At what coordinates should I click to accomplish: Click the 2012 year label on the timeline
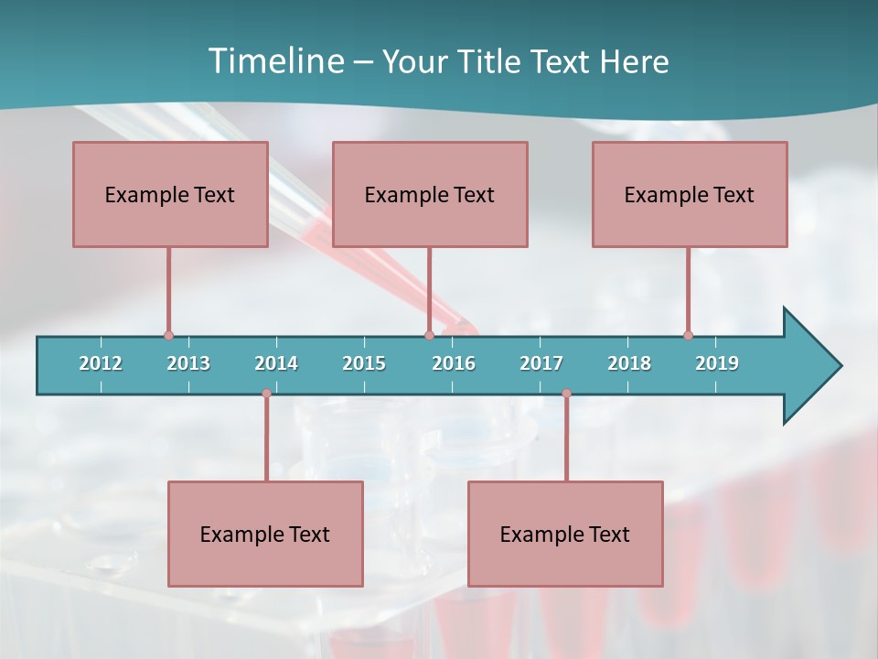(x=101, y=363)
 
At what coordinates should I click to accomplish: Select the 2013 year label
(x=188, y=363)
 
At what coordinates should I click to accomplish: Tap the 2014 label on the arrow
(x=276, y=363)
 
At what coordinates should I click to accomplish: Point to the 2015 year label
(x=364, y=363)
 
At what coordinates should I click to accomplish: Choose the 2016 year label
(x=454, y=363)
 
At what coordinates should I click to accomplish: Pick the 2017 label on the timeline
(x=541, y=363)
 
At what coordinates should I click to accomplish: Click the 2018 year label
(x=629, y=363)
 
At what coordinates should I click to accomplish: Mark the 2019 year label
(x=717, y=363)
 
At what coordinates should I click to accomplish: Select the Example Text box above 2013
(x=170, y=194)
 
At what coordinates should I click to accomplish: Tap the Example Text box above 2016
(x=430, y=194)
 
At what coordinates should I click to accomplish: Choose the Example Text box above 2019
(x=690, y=194)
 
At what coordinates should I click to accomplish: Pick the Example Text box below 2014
(x=265, y=534)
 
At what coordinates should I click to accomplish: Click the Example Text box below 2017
(x=565, y=534)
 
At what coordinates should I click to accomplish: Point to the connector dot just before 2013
(x=168, y=335)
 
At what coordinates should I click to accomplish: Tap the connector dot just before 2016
(x=429, y=335)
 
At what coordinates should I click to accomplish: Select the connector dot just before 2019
(x=688, y=335)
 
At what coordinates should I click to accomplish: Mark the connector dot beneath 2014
(x=266, y=394)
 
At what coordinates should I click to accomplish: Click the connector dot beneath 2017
(x=566, y=394)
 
